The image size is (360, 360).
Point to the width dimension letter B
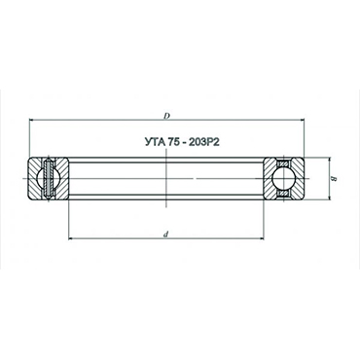333,178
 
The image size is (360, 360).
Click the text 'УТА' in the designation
141,139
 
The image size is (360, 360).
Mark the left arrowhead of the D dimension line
33,121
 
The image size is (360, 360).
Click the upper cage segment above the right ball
281,162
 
